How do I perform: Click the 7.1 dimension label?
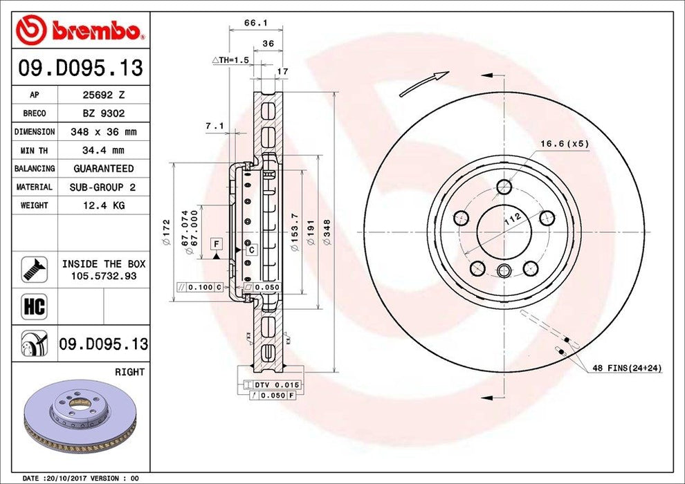click(214, 126)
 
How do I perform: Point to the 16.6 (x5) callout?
click(564, 144)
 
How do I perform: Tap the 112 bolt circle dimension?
click(512, 221)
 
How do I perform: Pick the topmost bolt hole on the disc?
click(504, 186)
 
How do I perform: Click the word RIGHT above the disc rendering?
click(129, 372)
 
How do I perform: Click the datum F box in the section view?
click(217, 244)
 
